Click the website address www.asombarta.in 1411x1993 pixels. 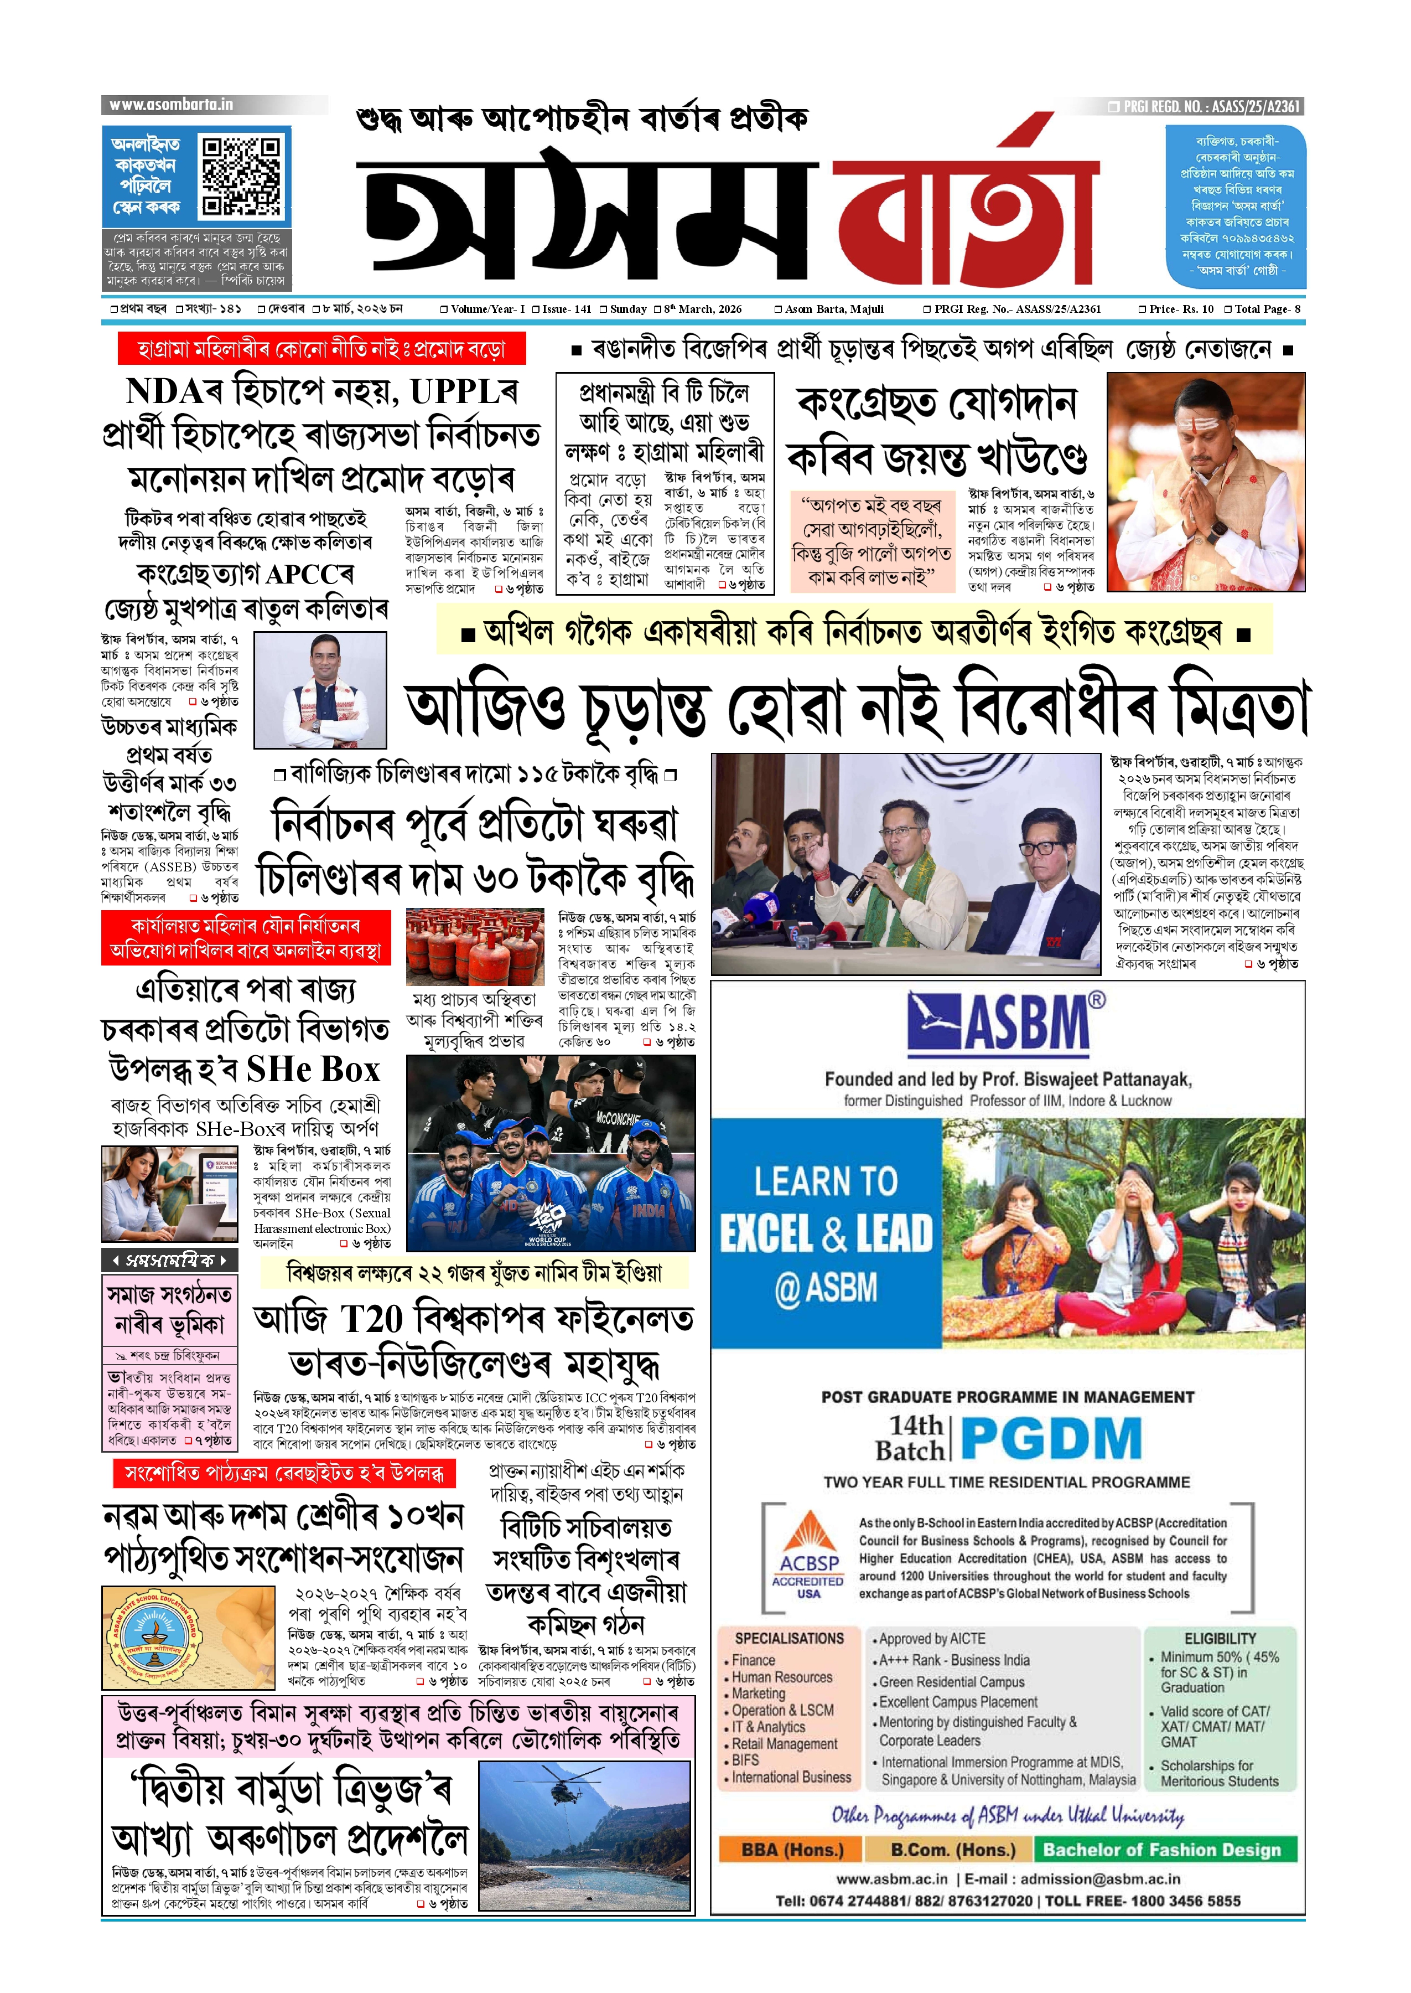pos(171,105)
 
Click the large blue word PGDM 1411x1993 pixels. pos(1051,1438)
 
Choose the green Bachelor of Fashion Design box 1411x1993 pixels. pos(1161,1849)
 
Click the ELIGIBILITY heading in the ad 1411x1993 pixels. pos(1220,1638)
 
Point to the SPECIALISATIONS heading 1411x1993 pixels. pos(789,1638)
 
